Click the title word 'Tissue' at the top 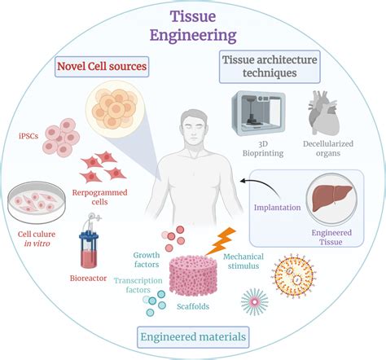[192, 16]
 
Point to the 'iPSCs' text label [26, 135]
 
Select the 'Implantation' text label [276, 208]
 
